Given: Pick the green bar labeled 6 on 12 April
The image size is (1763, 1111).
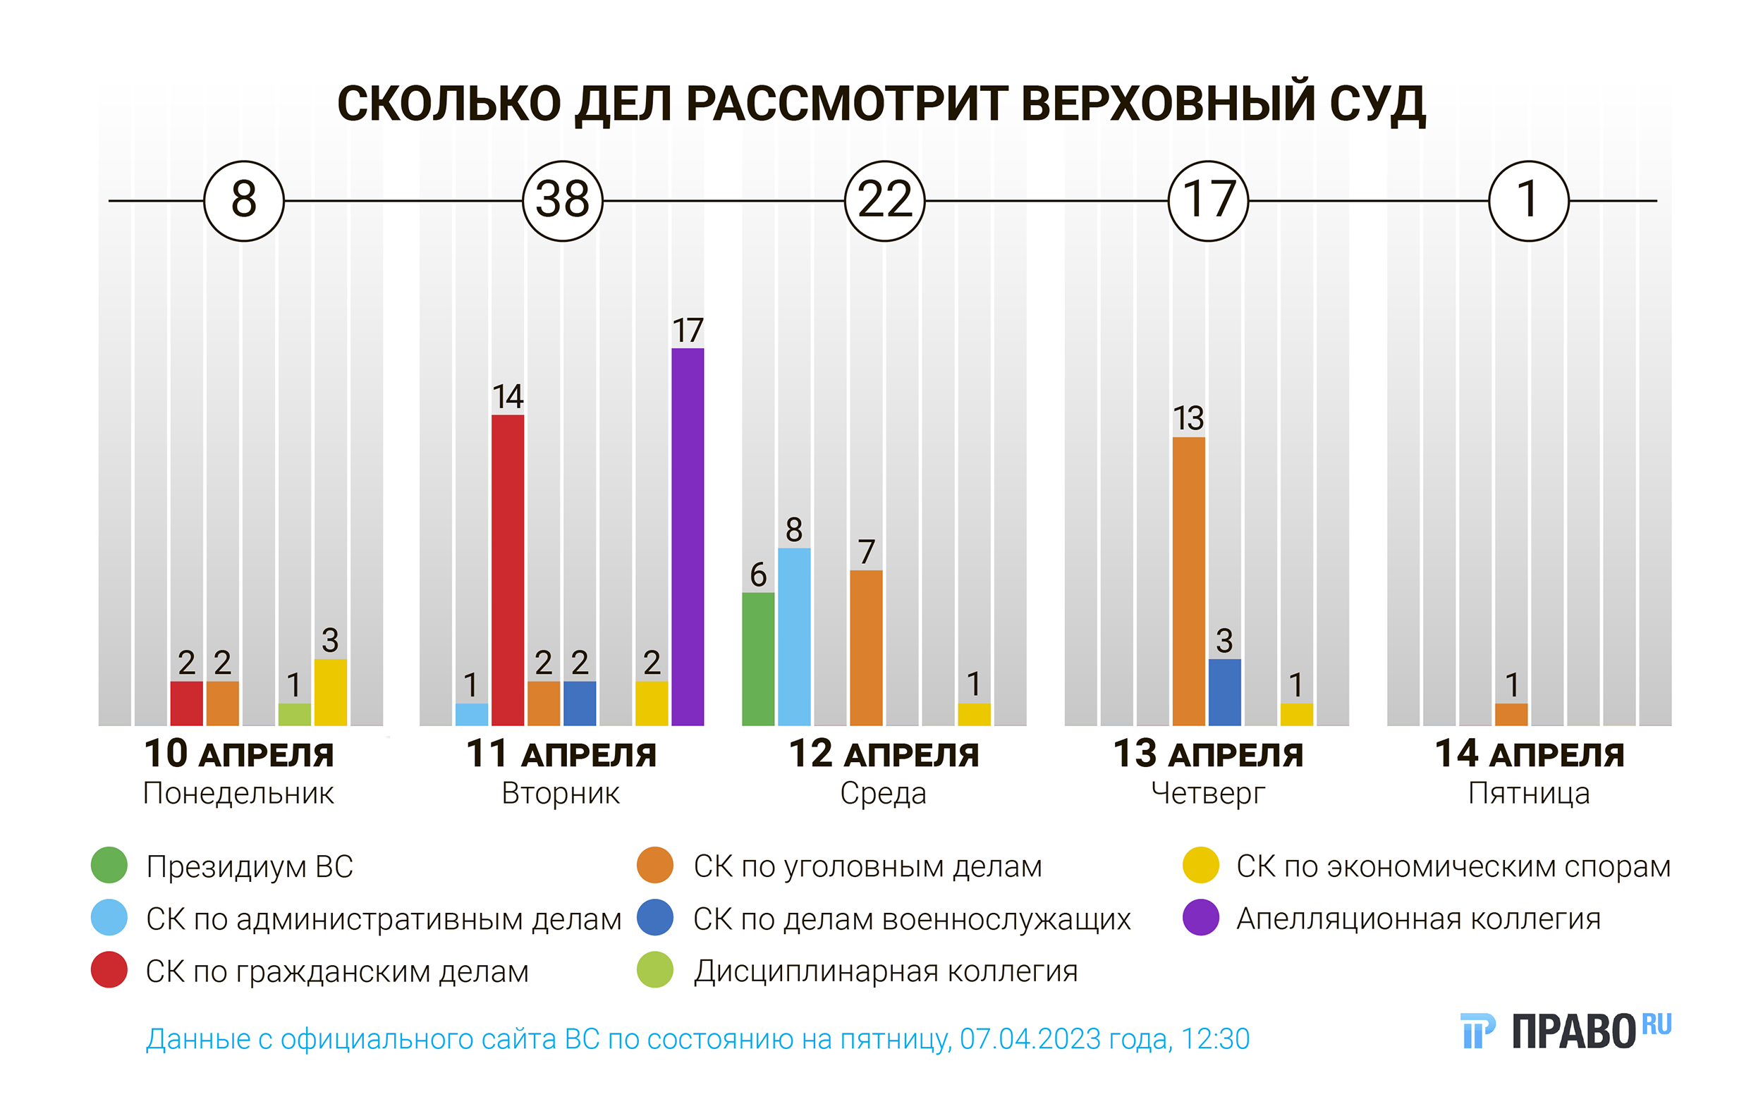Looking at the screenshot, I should click(x=758, y=658).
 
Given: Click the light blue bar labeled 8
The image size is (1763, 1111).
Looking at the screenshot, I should click(x=793, y=636).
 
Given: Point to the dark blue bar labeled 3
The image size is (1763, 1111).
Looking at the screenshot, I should click(x=1224, y=692).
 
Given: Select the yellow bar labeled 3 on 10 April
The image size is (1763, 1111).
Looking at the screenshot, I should click(x=330, y=692).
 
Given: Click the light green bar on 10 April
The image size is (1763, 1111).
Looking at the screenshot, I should click(x=294, y=713).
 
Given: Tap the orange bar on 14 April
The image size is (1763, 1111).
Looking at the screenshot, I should click(x=1511, y=713).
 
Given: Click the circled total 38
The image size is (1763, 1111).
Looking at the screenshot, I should click(x=562, y=200).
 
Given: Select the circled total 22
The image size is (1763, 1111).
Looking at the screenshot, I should click(x=884, y=200).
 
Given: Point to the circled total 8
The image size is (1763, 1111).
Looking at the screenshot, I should click(x=244, y=200).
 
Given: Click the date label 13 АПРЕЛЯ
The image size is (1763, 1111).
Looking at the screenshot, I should click(x=1208, y=754).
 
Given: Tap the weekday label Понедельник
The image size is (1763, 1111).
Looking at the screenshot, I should click(x=238, y=793).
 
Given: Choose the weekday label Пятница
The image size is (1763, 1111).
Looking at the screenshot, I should click(x=1529, y=793).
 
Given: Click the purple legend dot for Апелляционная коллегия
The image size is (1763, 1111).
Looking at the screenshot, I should click(x=1201, y=918).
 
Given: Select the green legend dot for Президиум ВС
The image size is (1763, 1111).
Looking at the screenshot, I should click(x=109, y=865).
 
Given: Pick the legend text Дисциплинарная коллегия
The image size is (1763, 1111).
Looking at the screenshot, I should click(x=885, y=971).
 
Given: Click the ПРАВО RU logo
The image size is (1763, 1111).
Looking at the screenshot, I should click(x=1566, y=1031).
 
